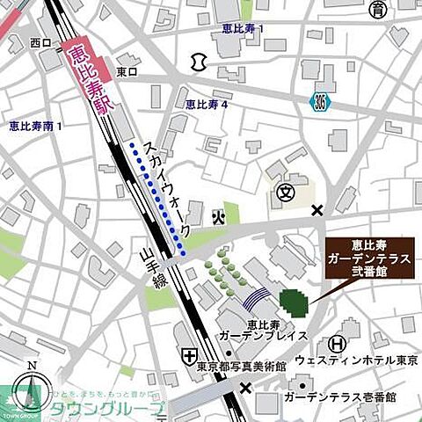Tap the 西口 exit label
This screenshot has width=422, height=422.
(40, 41)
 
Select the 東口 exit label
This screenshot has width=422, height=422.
(127, 71)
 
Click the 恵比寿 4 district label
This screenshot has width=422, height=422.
(207, 104)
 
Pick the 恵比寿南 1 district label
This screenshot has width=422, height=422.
(35, 127)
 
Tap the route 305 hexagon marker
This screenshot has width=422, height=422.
(323, 103)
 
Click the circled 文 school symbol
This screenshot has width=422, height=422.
(284, 193)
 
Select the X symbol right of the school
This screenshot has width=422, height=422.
(317, 209)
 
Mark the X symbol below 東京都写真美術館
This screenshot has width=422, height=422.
(245, 387)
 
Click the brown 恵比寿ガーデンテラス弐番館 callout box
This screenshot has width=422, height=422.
(368, 259)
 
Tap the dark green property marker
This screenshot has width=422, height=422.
(293, 301)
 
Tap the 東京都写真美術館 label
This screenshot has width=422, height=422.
(243, 366)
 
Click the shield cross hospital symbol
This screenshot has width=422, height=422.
(190, 354)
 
